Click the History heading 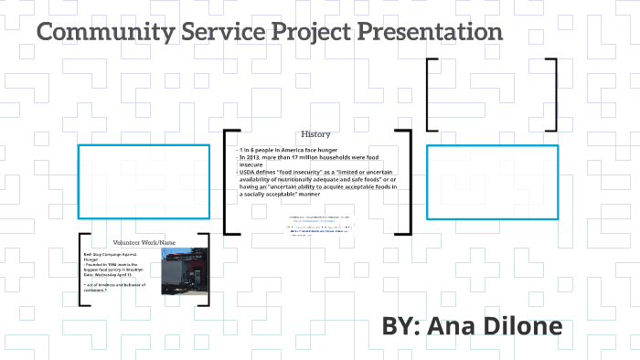pos(315,133)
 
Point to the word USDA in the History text pos(248,171)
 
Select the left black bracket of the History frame pos(226,183)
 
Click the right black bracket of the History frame pos(408,183)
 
